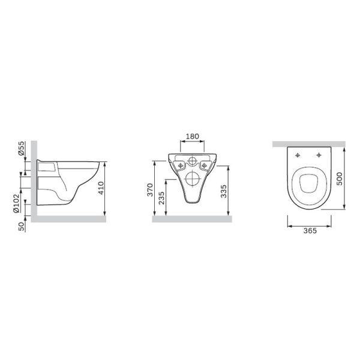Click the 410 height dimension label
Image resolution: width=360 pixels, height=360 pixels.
[101, 188]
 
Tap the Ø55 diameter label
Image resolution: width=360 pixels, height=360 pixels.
[21, 148]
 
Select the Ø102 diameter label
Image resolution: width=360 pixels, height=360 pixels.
[16, 203]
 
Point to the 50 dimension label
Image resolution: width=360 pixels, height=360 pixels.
[21, 226]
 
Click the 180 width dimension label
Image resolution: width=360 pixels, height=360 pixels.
[192, 136]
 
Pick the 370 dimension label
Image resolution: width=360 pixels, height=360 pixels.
[150, 190]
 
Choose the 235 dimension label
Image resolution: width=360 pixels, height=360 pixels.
[161, 198]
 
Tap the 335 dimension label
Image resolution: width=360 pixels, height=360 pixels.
[223, 191]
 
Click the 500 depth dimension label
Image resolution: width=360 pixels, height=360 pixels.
[339, 179]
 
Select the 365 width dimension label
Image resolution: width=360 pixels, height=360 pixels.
[310, 230]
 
